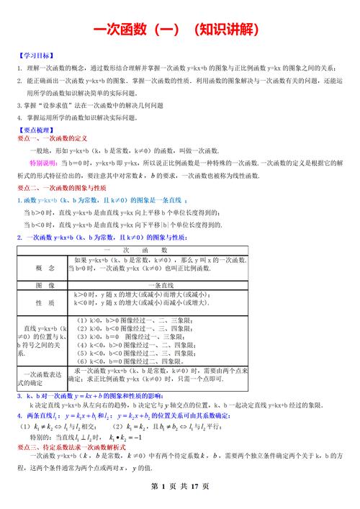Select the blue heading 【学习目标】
pos(35,55)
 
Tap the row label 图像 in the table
pos(45,285)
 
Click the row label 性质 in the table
pos(45,303)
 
